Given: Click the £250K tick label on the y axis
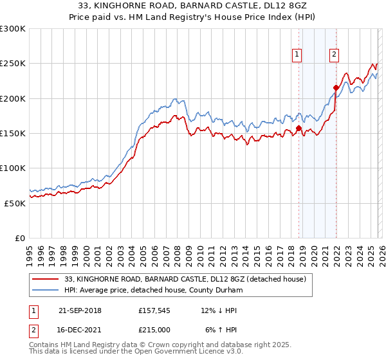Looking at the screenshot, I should [12, 64].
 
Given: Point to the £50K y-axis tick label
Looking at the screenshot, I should [15, 203].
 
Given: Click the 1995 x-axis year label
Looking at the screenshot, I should [30, 251].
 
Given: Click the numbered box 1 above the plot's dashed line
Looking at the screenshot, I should [297, 55].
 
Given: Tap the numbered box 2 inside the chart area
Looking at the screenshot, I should [335, 55].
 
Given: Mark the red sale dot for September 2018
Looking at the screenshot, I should [299, 129].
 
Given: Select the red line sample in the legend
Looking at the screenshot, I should [46, 279].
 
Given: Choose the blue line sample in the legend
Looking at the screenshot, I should [46, 290].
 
